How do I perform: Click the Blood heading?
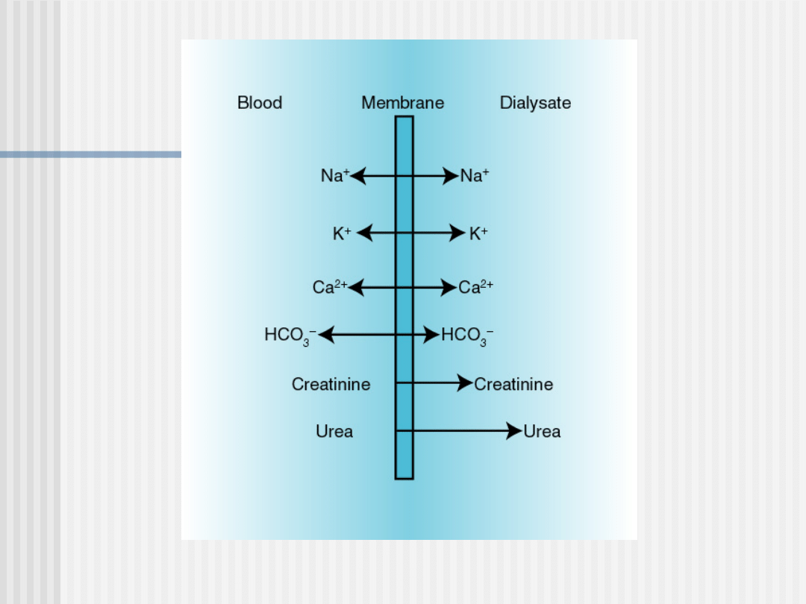pyautogui.click(x=260, y=103)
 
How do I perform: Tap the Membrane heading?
pyautogui.click(x=402, y=103)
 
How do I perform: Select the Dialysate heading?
pyautogui.click(x=535, y=103)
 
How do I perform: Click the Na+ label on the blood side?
pyautogui.click(x=335, y=175)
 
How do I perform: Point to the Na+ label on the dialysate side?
pyautogui.click(x=475, y=175)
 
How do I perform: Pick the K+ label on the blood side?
pyautogui.click(x=343, y=233)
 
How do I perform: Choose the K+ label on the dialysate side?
pyautogui.click(x=478, y=233)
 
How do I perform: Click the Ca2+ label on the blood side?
pyautogui.click(x=330, y=286)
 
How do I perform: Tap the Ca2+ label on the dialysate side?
pyautogui.click(x=475, y=286)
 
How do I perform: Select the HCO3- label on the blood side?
pyautogui.click(x=290, y=336)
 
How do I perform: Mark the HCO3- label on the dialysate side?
pyautogui.click(x=467, y=336)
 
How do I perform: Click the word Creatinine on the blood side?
pyautogui.click(x=331, y=384)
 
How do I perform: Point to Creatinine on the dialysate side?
pyautogui.click(x=513, y=384)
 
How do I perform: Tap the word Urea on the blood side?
pyautogui.click(x=334, y=432)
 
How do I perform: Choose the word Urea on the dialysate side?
pyautogui.click(x=542, y=432)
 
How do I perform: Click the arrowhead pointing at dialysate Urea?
pyautogui.click(x=514, y=431)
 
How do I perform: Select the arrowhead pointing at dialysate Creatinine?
pyautogui.click(x=465, y=383)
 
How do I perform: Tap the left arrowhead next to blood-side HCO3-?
pyautogui.click(x=326, y=335)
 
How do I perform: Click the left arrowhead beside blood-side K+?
pyautogui.click(x=364, y=233)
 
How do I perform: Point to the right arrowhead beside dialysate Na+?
pyautogui.click(x=451, y=176)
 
